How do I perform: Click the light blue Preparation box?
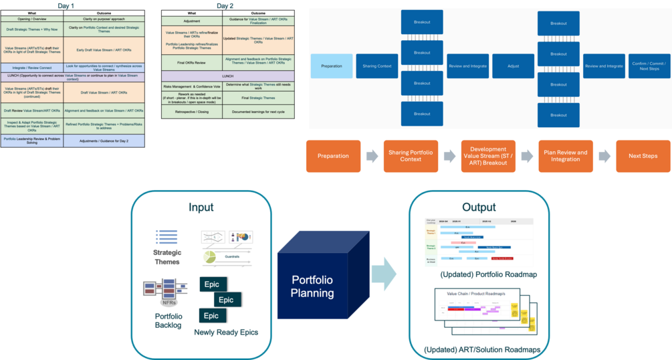coord(332,66)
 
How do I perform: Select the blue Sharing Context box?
coord(376,66)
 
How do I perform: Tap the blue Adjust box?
coord(513,66)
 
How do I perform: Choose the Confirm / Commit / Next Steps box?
coord(649,66)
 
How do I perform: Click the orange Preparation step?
coord(333,156)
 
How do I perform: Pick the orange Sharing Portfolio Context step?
coord(411,156)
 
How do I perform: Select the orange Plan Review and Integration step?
coord(565,156)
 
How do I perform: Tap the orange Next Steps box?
coord(642,156)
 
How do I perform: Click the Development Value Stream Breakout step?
coord(487,156)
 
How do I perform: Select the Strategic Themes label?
coord(166,257)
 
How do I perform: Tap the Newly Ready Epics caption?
coord(226,332)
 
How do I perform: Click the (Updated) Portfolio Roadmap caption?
coord(479,275)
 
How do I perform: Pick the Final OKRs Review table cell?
coord(191,62)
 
